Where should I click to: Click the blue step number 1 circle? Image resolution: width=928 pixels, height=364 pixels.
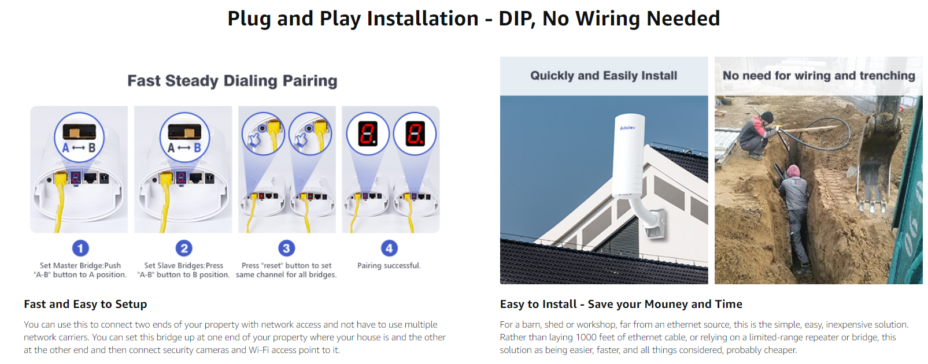click(x=80, y=248)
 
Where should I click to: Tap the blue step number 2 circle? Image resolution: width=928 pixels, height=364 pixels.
click(x=184, y=248)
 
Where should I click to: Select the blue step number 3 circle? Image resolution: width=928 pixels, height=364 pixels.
click(x=286, y=248)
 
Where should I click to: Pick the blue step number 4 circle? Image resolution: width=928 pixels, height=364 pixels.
click(x=389, y=248)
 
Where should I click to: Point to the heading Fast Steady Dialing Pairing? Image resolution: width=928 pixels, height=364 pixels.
click(x=232, y=81)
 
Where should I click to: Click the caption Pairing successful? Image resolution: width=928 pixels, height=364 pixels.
click(x=389, y=265)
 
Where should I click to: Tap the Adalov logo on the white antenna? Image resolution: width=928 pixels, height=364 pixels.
click(x=627, y=128)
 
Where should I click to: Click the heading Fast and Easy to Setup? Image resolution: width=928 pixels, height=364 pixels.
click(x=86, y=304)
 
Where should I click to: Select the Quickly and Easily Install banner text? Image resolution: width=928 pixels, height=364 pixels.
click(x=604, y=76)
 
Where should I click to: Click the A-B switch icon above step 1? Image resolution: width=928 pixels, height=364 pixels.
click(x=79, y=138)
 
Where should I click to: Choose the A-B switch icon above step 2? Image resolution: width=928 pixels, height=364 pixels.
click(x=184, y=138)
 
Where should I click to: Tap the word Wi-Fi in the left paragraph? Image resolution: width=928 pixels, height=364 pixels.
click(x=259, y=350)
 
